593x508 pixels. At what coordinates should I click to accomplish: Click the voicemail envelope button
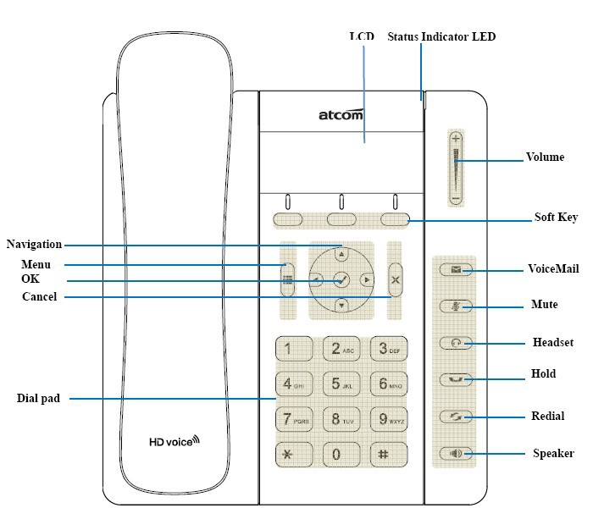click(457, 270)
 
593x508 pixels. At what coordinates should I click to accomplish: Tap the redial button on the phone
click(457, 417)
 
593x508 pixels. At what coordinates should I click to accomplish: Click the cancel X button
click(394, 279)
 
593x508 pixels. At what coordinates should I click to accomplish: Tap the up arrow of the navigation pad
click(341, 252)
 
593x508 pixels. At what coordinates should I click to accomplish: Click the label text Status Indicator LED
click(441, 36)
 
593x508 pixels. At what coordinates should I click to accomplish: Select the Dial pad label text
click(38, 398)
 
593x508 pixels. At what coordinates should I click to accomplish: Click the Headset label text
click(553, 343)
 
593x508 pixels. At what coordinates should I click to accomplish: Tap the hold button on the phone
click(457, 379)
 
